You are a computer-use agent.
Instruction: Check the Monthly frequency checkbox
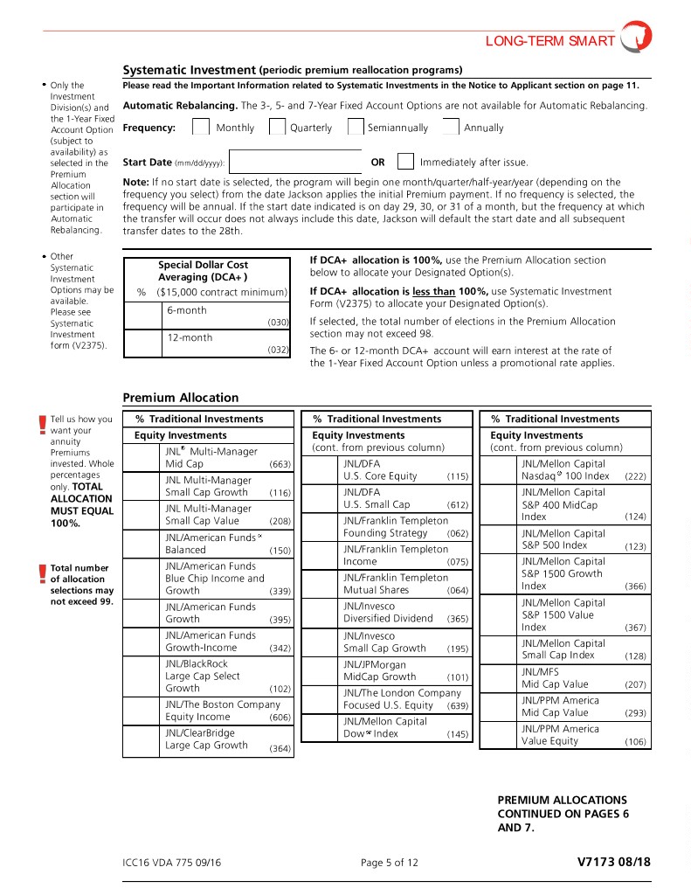201,128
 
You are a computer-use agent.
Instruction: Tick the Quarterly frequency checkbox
277,128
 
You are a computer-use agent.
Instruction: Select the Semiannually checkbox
356,128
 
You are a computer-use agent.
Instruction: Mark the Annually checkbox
451,128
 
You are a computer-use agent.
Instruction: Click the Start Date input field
295,163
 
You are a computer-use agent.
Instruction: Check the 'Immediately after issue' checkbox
405,162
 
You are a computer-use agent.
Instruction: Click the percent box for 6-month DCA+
142,316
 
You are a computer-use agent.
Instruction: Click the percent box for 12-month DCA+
142,343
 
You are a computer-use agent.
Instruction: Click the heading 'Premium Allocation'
181,398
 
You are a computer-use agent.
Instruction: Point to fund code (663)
280,464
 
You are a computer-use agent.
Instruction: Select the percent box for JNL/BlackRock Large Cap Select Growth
141,683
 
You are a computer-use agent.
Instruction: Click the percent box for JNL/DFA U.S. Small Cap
319,498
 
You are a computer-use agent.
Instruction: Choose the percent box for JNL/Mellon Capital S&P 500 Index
497,539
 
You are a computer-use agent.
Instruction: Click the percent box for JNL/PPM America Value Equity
497,735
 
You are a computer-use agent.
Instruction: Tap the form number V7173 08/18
614,863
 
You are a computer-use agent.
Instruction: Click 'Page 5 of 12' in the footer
390,864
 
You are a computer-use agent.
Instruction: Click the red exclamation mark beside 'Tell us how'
42,425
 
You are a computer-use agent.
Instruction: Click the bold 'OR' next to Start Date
377,163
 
